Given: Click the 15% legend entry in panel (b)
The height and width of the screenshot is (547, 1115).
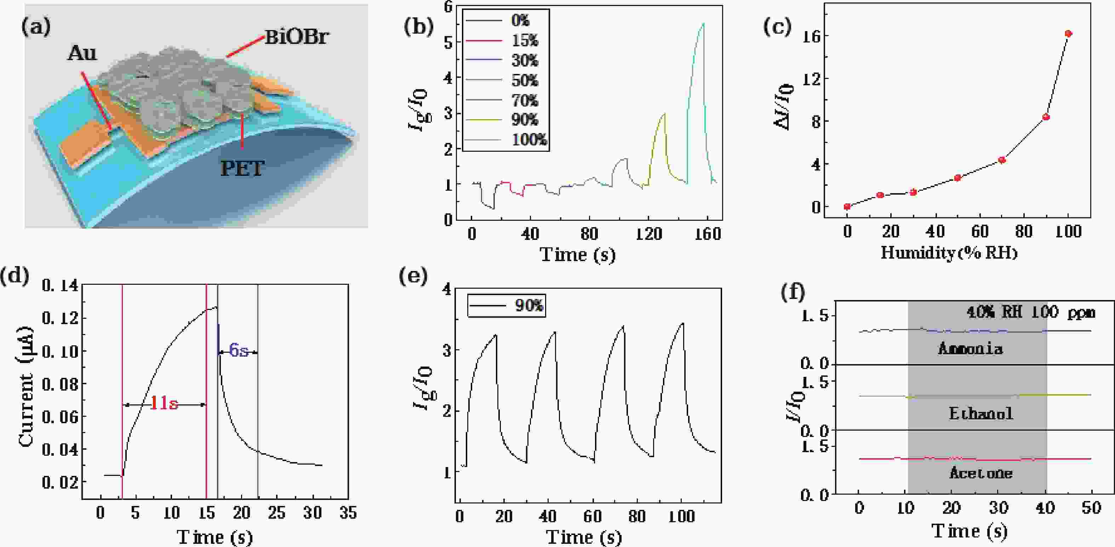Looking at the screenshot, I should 525,41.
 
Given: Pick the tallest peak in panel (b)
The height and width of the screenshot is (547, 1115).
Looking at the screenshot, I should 703,24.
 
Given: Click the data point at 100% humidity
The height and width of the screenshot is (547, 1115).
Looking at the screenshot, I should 1068,34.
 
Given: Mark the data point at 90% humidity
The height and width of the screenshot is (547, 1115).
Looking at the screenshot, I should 1046,117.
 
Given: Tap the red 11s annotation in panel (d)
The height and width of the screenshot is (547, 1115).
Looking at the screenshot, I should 164,404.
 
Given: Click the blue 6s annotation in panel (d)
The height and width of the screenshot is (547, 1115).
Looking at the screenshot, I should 239,350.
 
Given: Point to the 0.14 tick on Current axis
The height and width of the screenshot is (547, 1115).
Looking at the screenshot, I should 60,286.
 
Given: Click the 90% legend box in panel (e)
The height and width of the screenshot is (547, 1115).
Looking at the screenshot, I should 506,306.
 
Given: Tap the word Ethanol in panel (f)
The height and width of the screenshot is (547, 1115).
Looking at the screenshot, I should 981,414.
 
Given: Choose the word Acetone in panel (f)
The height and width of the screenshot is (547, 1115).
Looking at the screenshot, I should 981,473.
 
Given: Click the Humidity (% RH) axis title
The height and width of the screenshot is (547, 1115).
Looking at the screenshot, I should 949,252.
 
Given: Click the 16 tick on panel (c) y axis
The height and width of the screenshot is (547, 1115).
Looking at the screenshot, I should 811,36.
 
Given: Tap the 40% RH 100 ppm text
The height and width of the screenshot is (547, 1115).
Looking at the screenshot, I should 1031,312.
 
